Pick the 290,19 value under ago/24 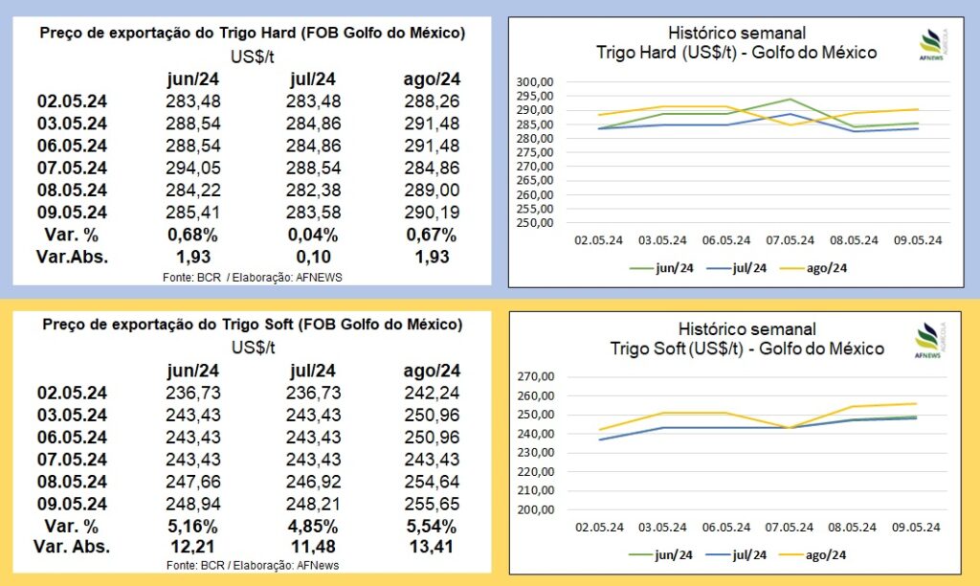[432, 212]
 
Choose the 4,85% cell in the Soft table [310, 526]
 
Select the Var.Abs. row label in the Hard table [73, 256]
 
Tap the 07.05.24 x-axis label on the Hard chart [791, 240]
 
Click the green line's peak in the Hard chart [791, 99]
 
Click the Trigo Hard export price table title [253, 34]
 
